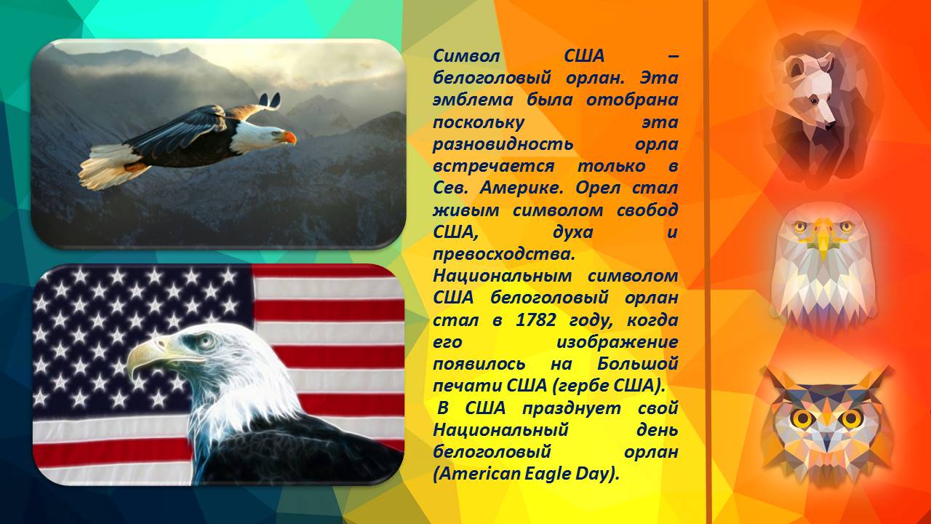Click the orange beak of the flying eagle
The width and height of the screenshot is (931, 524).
(288, 137)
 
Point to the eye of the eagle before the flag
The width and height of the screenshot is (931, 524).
(205, 341)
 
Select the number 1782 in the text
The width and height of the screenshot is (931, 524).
(536, 320)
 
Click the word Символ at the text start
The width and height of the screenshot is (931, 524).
(466, 56)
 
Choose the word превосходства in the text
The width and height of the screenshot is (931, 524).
(504, 254)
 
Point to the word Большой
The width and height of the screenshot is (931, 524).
(638, 365)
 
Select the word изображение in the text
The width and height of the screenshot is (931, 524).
(617, 343)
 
